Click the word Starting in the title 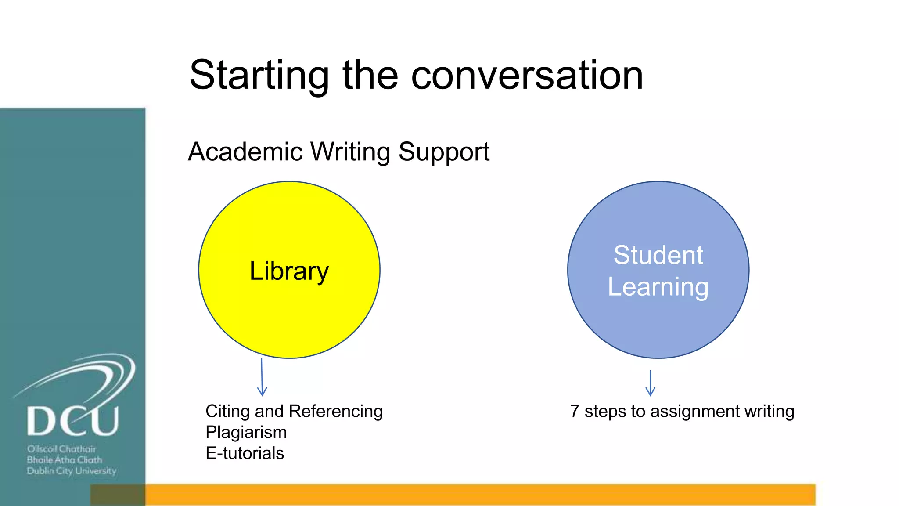tap(259, 76)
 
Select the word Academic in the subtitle tap(245, 152)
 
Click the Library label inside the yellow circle tap(289, 271)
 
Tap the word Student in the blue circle tap(658, 255)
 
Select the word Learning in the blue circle tap(658, 287)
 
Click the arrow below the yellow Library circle tap(262, 378)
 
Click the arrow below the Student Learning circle tap(650, 383)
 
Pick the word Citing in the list tap(227, 412)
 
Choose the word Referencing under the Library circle tap(336, 412)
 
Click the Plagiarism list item tap(246, 433)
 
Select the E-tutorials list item tap(245, 453)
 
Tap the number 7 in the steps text tap(575, 412)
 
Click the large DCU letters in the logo tap(73, 421)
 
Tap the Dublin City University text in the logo tap(72, 471)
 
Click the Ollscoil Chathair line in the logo tap(61, 449)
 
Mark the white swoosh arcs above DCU tap(88, 373)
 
